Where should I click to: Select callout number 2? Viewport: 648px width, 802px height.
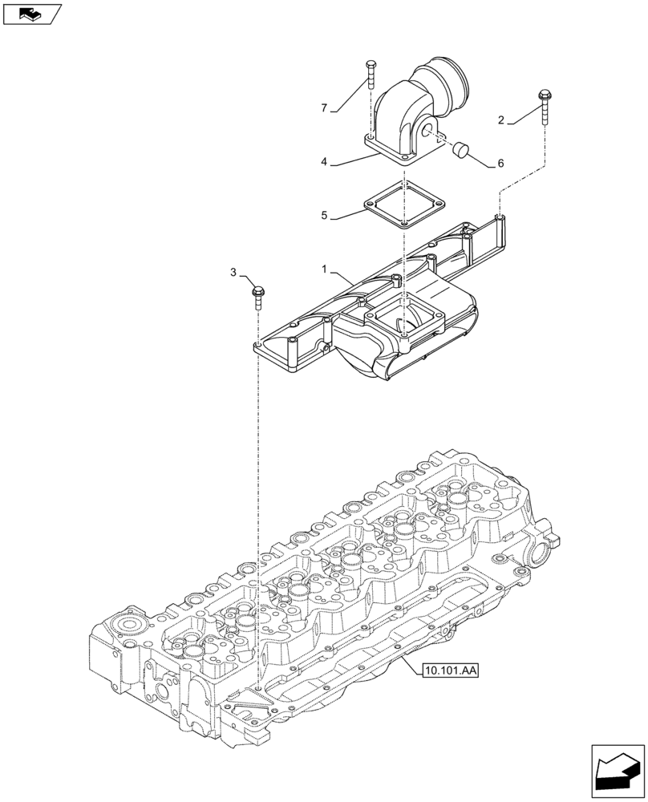[x=501, y=121]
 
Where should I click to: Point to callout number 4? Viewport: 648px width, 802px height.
[x=324, y=162]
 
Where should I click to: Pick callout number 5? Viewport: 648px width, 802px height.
[x=324, y=215]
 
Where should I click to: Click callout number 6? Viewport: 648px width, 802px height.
[x=500, y=164]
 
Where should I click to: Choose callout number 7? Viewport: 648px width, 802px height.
[x=324, y=107]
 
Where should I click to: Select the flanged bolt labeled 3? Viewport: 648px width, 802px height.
[x=258, y=295]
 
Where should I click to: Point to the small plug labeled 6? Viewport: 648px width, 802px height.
[x=460, y=149]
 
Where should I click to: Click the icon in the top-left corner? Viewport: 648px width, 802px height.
[x=33, y=13]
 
